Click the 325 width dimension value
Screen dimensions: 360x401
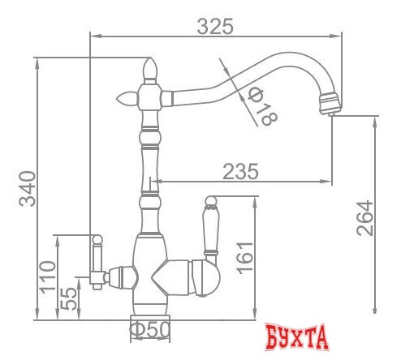215,25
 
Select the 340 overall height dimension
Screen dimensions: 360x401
26,189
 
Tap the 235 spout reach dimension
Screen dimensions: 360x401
241,171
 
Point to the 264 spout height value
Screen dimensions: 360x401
364,216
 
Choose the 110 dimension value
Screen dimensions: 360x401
47,276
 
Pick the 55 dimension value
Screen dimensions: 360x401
70,298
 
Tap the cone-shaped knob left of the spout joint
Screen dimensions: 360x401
127,98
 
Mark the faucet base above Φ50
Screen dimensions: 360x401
151,311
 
